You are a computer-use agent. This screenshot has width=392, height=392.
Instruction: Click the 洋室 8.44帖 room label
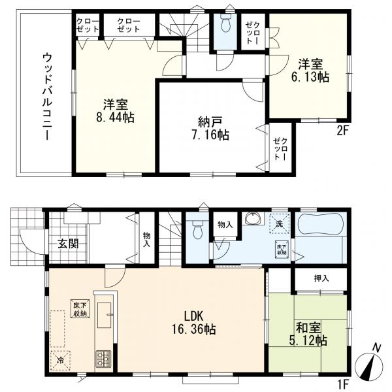point(115,111)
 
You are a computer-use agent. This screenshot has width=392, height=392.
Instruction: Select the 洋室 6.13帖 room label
point(310,71)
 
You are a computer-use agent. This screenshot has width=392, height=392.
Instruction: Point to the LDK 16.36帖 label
point(193,323)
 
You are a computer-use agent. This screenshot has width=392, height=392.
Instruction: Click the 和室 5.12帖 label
point(308,333)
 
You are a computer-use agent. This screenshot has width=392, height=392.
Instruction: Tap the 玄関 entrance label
point(68,244)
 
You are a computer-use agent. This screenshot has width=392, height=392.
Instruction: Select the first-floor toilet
point(198,230)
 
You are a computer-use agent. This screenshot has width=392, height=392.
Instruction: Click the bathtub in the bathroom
point(321,223)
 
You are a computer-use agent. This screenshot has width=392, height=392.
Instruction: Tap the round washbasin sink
point(253,219)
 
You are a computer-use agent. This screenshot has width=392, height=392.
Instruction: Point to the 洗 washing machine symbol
point(279,223)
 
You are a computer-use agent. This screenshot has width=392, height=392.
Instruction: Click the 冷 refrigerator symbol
point(61,360)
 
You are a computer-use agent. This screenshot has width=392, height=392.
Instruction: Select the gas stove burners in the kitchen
point(103,359)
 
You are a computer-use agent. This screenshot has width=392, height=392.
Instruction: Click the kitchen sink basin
point(105,315)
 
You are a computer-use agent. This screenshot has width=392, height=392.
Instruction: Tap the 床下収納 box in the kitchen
point(80,308)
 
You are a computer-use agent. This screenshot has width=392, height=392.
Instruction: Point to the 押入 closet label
point(321,278)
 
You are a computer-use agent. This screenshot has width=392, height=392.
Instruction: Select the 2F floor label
point(342,131)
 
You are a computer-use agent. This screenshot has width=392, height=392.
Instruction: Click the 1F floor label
point(342,386)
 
